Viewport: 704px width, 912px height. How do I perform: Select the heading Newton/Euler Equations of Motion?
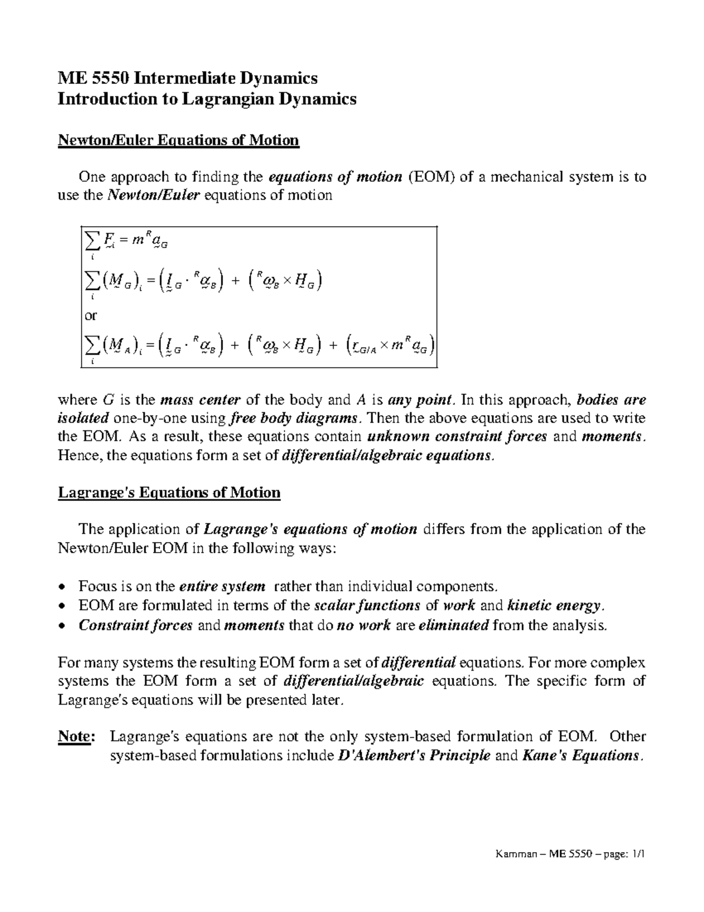tap(178, 140)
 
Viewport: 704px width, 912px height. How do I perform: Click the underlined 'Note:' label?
tap(75, 736)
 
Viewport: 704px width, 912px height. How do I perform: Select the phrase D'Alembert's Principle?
tap(415, 755)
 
